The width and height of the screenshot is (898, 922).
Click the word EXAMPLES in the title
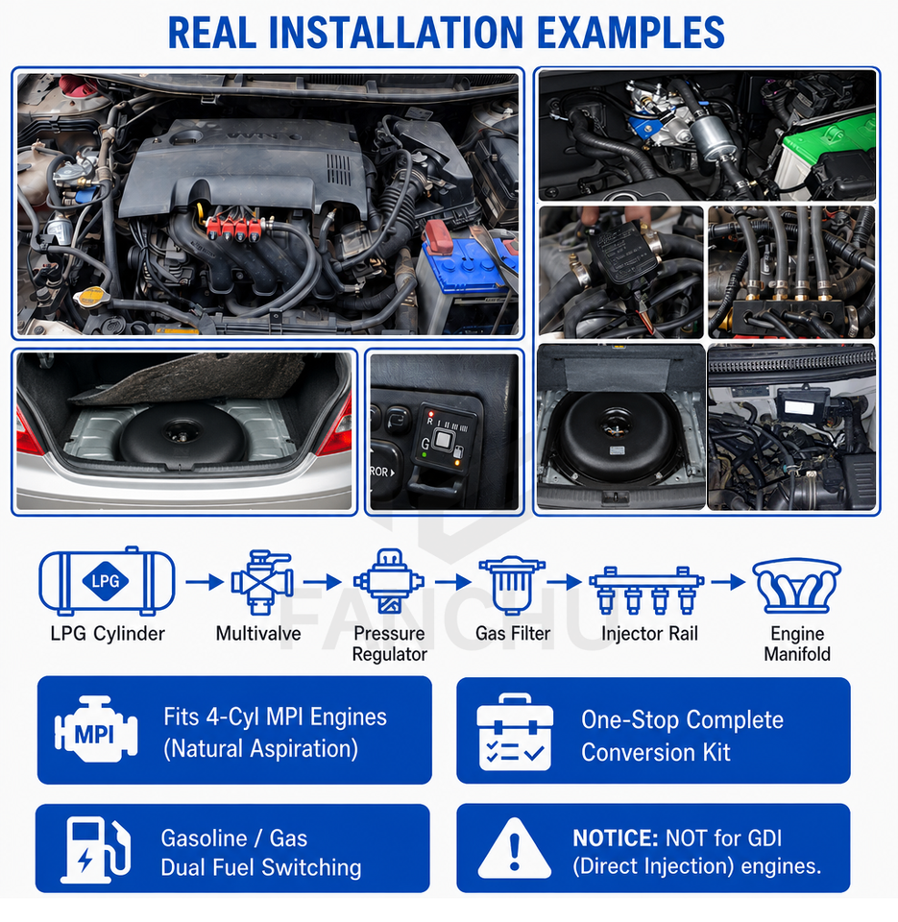pyautogui.click(x=630, y=33)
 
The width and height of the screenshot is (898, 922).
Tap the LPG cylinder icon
pyautogui.click(x=107, y=581)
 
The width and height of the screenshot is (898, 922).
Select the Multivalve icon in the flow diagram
pyautogui.click(x=261, y=582)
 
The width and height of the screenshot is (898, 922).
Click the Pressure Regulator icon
pyautogui.click(x=389, y=581)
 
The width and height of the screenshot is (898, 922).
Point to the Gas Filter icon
pyautogui.click(x=512, y=584)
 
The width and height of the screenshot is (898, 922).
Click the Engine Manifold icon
pyautogui.click(x=797, y=585)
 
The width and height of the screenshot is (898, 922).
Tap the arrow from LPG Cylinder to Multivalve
pyautogui.click(x=205, y=582)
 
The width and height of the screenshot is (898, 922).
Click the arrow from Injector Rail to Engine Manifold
pyautogui.click(x=728, y=582)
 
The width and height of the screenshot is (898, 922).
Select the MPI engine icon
pyautogui.click(x=96, y=730)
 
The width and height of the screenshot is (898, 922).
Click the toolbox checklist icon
pyautogui.click(x=515, y=732)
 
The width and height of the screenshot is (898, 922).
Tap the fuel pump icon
pyautogui.click(x=95, y=850)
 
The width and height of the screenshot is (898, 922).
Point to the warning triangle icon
pyautogui.click(x=515, y=848)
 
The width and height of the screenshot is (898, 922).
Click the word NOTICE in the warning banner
pyautogui.click(x=615, y=837)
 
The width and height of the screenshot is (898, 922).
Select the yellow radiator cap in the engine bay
pyautogui.click(x=90, y=297)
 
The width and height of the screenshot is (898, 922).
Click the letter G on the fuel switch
pyautogui.click(x=425, y=444)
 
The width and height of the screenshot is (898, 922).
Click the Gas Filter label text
pyautogui.click(x=513, y=633)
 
